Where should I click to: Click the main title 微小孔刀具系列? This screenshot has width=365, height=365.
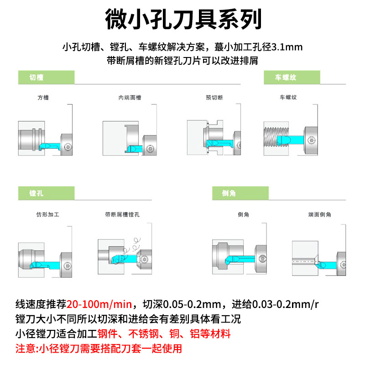pyautogui.click(x=183, y=19)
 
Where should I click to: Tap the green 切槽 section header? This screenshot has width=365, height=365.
pyautogui.click(x=47, y=77)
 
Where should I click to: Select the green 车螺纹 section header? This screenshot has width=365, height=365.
pyautogui.click(x=292, y=77)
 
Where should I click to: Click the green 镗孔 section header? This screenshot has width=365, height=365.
pyautogui.click(x=47, y=193)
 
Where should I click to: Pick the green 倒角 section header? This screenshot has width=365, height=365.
pyautogui.click(x=240, y=193)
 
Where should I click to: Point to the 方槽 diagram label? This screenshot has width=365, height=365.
pyautogui.click(x=43, y=98)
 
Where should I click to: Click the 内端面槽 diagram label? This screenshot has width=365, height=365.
pyautogui.click(x=130, y=98)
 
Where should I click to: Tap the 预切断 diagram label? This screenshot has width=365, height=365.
pyautogui.click(x=214, y=98)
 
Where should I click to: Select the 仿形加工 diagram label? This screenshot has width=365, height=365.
pyautogui.click(x=48, y=214)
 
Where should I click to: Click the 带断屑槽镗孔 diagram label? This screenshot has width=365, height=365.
pyautogui.click(x=122, y=214)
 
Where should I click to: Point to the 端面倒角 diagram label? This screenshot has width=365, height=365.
pyautogui.click(x=320, y=214)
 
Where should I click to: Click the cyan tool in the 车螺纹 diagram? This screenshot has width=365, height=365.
pyautogui.click(x=291, y=140)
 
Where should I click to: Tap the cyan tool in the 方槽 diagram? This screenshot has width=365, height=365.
pyautogui.click(x=50, y=146)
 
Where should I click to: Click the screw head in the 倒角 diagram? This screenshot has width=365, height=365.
pyautogui.click(x=263, y=258)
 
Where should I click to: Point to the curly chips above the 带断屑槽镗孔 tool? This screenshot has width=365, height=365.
pyautogui.click(x=131, y=247)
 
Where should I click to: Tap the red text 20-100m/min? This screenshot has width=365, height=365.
pyautogui.click(x=99, y=304)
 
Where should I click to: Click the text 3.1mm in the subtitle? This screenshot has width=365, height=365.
pyautogui.click(x=287, y=47)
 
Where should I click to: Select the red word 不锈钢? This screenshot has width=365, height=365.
pyautogui.click(x=143, y=334)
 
